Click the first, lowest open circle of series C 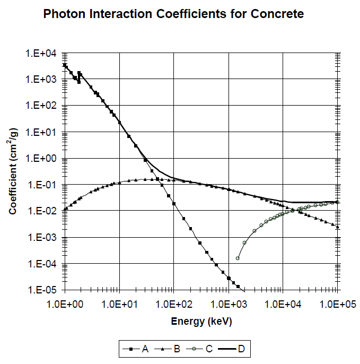point(238,258)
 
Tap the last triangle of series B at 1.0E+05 point(337,227)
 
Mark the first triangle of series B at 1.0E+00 point(64,209)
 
